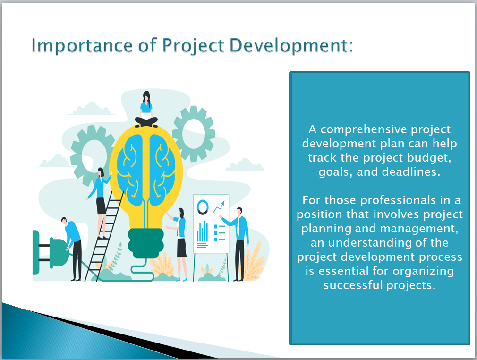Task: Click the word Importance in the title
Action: tap(82, 46)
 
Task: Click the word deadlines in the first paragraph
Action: tap(411, 172)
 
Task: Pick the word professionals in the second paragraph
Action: tap(399, 200)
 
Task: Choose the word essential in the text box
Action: tap(341, 271)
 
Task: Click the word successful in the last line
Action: tap(353, 285)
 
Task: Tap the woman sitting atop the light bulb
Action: tap(146, 109)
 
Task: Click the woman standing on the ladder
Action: tap(100, 202)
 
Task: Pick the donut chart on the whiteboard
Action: tap(203, 207)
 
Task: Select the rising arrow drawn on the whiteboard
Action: tap(219, 206)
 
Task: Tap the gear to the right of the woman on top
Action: tap(194, 134)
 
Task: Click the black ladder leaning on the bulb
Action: tap(104, 236)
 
